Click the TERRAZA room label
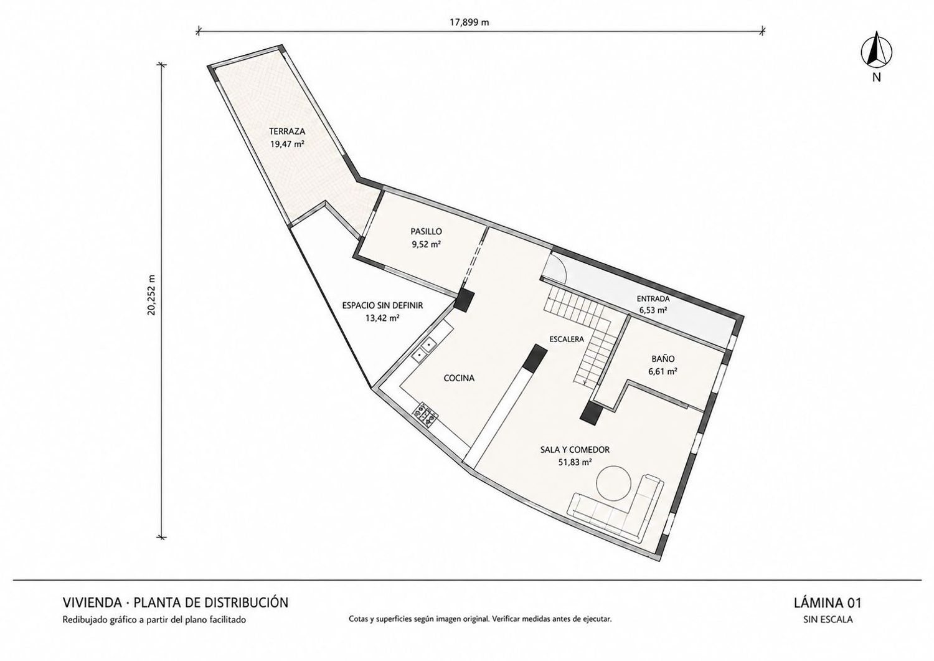tap(287, 131)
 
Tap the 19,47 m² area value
tap(287, 145)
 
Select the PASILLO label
tap(426, 231)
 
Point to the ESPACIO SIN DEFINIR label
tap(382, 305)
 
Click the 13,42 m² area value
tap(382, 318)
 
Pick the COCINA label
tap(459, 378)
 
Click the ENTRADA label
tap(653, 299)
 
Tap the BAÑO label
tap(663, 358)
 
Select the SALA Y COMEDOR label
tap(575, 449)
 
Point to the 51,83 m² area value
tap(575, 462)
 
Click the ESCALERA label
tap(566, 340)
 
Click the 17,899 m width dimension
tap(469, 22)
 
